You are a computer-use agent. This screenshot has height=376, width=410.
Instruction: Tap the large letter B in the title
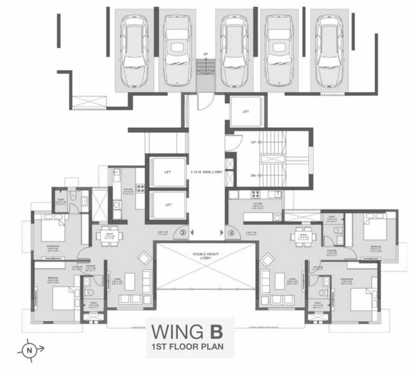click(x=214, y=331)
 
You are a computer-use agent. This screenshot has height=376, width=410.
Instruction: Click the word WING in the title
click(x=176, y=331)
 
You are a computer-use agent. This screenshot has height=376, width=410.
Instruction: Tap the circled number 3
click(x=183, y=233)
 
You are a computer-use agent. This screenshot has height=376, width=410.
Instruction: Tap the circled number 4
click(x=231, y=233)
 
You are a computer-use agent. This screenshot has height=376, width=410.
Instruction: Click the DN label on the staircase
click(x=253, y=175)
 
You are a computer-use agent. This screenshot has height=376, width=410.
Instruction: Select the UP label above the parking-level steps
click(x=205, y=54)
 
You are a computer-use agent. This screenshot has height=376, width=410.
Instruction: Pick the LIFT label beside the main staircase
click(x=246, y=112)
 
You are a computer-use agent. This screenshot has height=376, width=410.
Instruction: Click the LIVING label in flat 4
click(x=293, y=280)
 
